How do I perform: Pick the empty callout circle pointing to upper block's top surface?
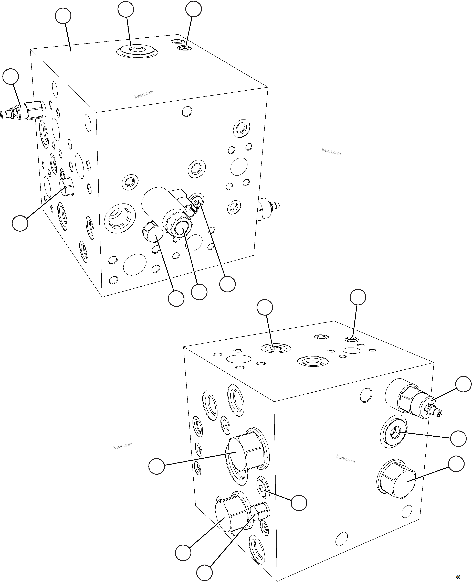click(x=63, y=16)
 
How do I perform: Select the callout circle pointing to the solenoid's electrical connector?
click(x=227, y=284)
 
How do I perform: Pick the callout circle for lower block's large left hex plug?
click(x=157, y=466)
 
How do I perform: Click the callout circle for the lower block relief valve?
click(x=463, y=384)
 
